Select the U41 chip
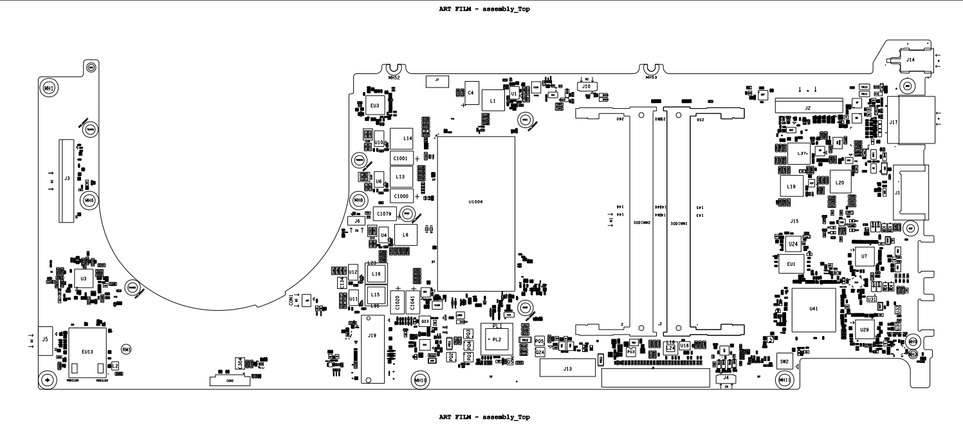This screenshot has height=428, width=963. [x=813, y=310]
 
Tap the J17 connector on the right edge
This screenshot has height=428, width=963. [x=898, y=122]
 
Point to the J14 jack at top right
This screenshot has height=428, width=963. [x=910, y=60]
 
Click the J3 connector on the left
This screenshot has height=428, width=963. [x=66, y=180]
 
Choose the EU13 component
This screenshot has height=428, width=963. [x=88, y=352]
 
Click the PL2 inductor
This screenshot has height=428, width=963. [x=496, y=339]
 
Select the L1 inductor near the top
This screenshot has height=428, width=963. [x=493, y=101]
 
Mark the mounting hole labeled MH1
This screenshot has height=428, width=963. [x=48, y=87]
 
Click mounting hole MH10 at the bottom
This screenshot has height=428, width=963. [x=421, y=380]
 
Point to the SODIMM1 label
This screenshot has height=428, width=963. [x=679, y=223]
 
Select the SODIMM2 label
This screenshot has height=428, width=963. [x=643, y=223]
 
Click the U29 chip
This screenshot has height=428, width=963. [x=865, y=330]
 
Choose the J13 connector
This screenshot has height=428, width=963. [x=567, y=369]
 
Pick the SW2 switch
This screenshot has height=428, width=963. [x=784, y=362]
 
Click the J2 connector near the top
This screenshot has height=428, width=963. [x=807, y=108]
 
